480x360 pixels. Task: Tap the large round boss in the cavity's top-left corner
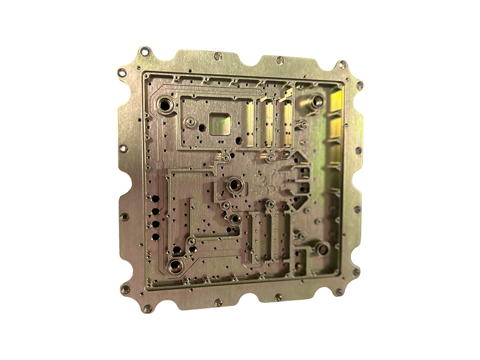click(165, 104)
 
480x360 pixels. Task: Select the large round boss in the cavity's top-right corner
click(317, 101)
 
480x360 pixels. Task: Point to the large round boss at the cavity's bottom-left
click(175, 265)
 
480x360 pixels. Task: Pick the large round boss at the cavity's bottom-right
click(322, 249)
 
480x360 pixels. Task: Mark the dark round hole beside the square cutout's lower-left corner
click(202, 128)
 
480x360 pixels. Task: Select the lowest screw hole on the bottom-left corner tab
click(147, 308)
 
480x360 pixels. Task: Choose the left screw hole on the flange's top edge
click(218, 56)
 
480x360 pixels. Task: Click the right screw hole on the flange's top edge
click(280, 60)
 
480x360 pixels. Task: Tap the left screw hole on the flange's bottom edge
click(218, 302)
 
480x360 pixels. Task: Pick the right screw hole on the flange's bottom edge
click(278, 297)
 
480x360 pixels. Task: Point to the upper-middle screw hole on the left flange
click(123, 149)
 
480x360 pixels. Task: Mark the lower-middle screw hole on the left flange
click(124, 216)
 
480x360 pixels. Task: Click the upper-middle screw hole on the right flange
click(358, 150)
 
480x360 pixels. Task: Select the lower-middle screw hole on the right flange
click(357, 209)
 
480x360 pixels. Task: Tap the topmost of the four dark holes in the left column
click(155, 198)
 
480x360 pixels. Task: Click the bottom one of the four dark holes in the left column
click(156, 236)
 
